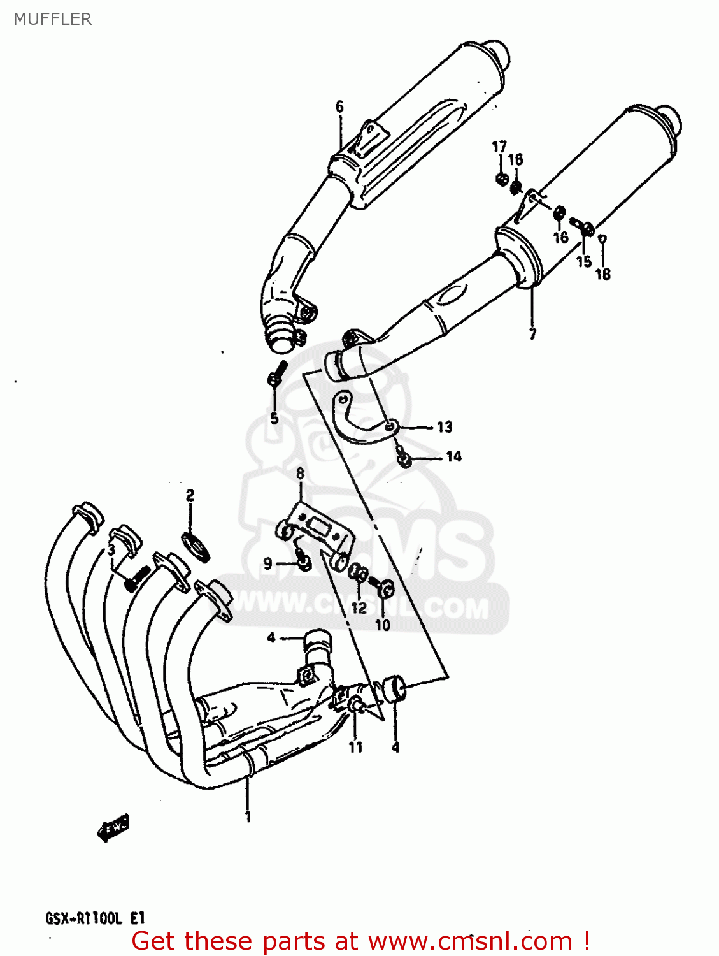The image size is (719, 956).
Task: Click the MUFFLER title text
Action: [52, 19]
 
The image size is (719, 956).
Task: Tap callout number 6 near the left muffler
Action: [339, 106]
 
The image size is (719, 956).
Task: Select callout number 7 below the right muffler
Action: [532, 333]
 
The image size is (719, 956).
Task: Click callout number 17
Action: [499, 147]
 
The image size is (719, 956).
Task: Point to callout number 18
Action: [602, 274]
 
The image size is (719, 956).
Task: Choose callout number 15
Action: [583, 261]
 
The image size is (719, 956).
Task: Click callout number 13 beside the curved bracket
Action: [445, 427]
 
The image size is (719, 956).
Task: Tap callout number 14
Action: [453, 456]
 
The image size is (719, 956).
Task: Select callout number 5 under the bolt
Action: [274, 419]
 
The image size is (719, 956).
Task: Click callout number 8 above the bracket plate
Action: [300, 474]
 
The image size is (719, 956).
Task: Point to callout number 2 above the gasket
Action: [190, 495]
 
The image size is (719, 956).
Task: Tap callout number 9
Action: [268, 563]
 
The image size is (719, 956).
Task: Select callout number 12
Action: [359, 607]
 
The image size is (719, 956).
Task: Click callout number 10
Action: [382, 625]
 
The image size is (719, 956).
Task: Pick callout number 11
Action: [355, 747]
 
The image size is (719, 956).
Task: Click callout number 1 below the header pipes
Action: [248, 816]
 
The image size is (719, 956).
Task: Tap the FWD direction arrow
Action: [113, 828]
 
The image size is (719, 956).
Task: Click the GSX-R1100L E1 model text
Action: [96, 918]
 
